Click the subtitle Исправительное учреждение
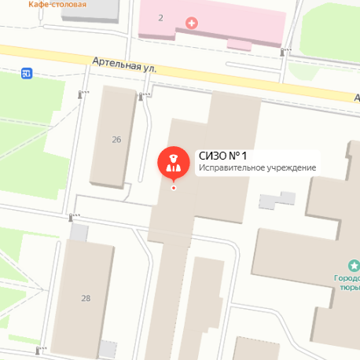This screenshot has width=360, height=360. pos(257,168)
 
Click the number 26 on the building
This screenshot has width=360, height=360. pos(116,140)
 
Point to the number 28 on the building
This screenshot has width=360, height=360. pos(86,298)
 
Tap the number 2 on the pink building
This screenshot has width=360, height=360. pos(160,17)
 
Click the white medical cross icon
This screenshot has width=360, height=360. pos(192,24)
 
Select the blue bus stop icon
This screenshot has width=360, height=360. pos(28,74)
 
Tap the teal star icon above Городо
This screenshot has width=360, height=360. pos(352,267)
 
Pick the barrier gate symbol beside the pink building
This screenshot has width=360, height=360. pos(284,52)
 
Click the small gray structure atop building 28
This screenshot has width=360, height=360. pos(79,233)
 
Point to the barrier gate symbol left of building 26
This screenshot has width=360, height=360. pos(81,94)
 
